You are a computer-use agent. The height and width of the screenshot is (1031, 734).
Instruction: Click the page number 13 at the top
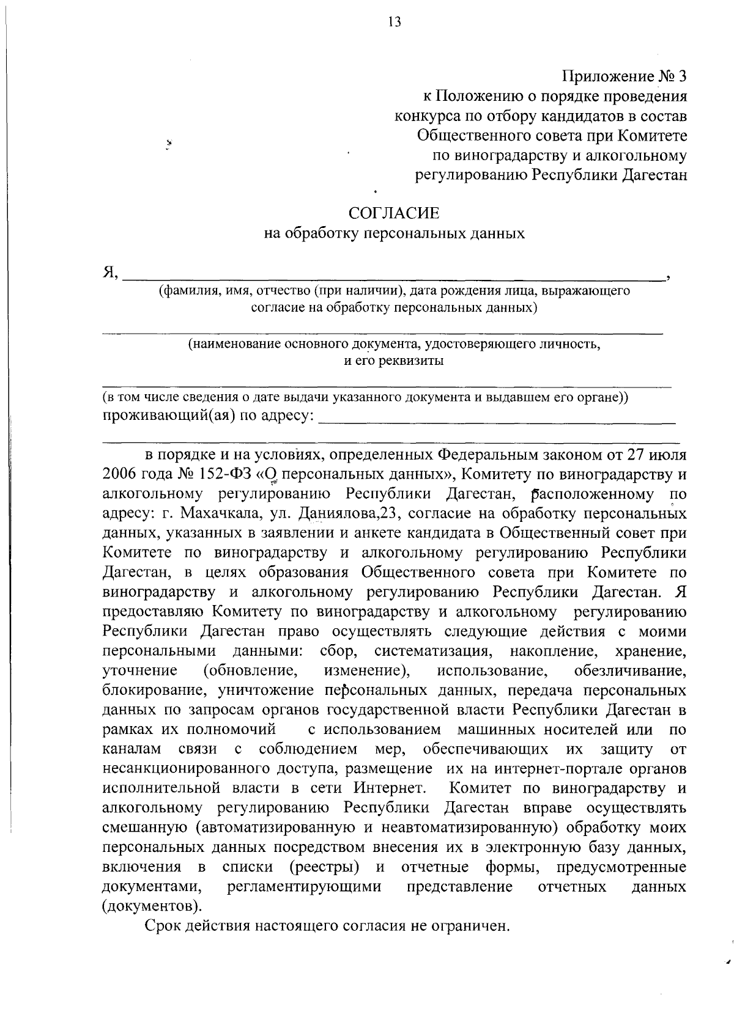point(394,23)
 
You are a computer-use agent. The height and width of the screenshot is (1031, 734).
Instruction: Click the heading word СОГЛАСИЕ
point(393,213)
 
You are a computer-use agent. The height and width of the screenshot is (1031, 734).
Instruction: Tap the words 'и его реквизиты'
point(393,361)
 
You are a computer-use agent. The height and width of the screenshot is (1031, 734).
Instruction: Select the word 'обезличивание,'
point(630,671)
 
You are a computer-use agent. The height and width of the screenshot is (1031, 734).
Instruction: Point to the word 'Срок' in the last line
point(163,926)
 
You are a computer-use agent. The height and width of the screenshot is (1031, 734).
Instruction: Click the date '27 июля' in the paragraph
point(653,455)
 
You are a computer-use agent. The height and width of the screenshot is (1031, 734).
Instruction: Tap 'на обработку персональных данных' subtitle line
point(393,233)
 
